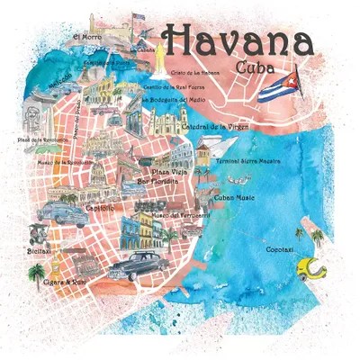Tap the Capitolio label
pyautogui.click(x=99, y=208)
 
